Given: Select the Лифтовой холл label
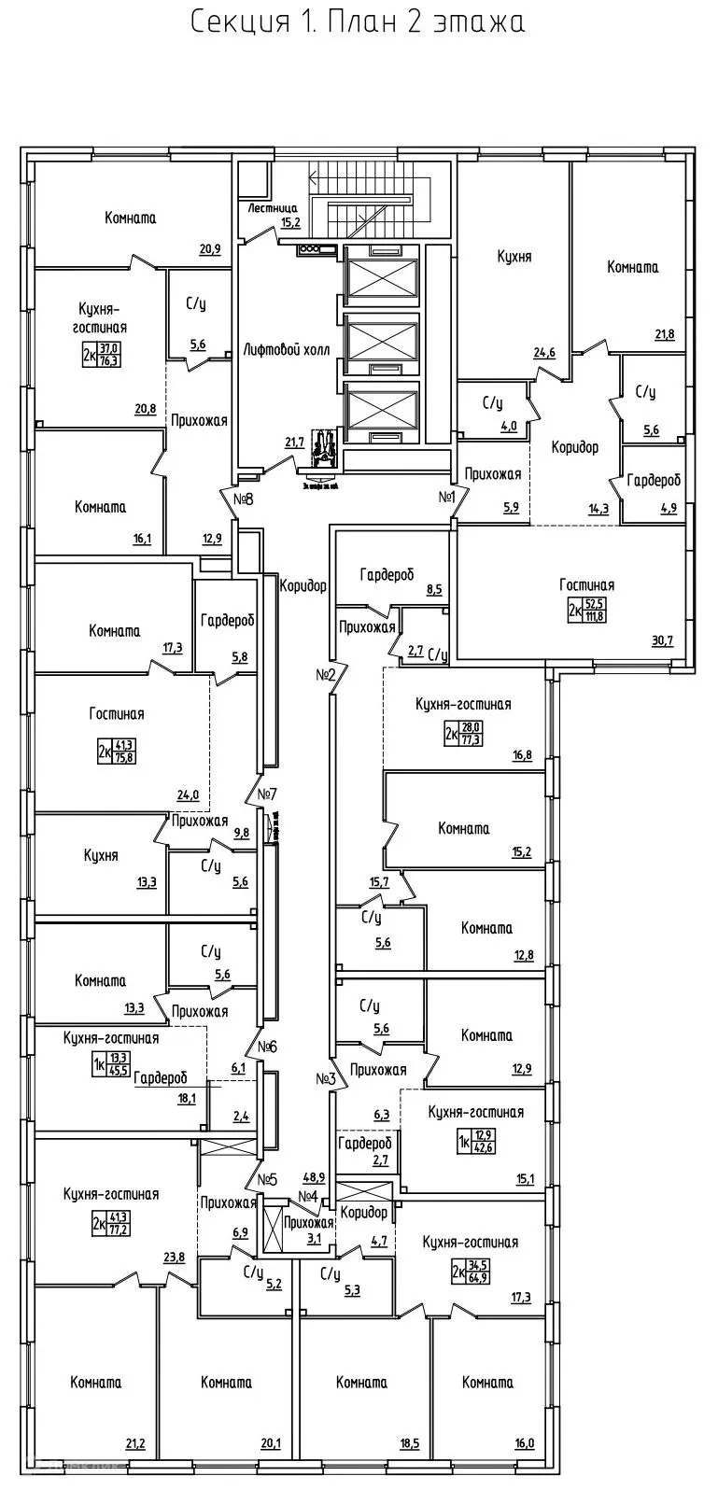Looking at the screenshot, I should (x=283, y=349).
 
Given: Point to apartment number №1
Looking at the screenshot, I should (x=445, y=498).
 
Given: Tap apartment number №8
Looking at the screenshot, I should (x=244, y=499).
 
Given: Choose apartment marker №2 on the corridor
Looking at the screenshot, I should (x=325, y=674).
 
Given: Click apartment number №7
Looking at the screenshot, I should (x=267, y=794).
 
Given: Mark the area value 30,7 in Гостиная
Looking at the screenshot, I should (x=662, y=639).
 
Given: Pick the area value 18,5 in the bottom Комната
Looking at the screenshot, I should (x=408, y=1442).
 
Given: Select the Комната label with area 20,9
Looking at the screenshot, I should (x=130, y=218).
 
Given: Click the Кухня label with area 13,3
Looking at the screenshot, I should (x=100, y=855).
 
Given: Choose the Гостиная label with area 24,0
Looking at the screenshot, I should (x=117, y=714).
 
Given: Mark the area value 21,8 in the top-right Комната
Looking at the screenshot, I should (x=664, y=333).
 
